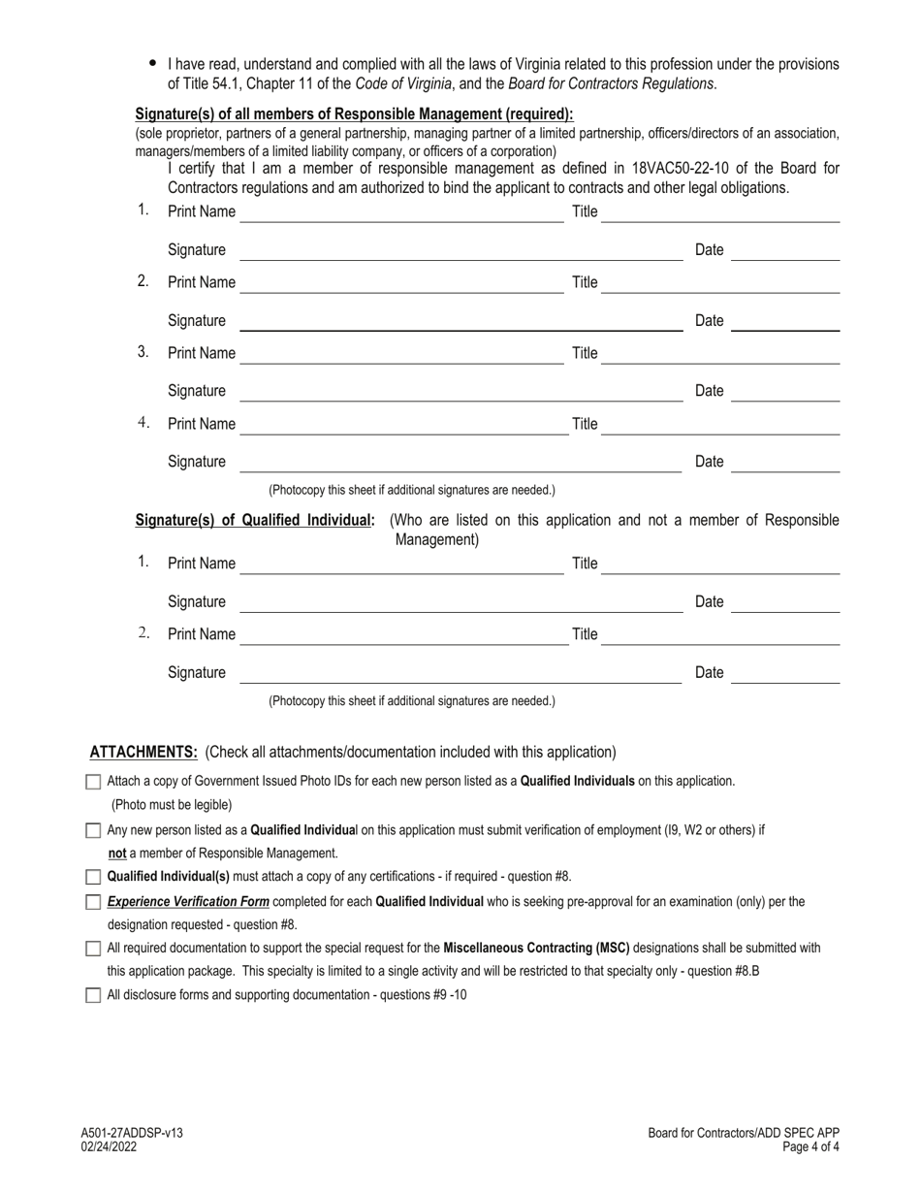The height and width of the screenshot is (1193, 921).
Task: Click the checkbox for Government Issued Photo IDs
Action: tap(93, 781)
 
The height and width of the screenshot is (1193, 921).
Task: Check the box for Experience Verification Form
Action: tap(93, 902)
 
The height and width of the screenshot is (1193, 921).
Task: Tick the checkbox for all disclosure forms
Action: tap(93, 994)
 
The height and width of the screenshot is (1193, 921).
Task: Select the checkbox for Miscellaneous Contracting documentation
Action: tap(93, 949)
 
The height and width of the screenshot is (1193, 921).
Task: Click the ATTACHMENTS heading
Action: tap(143, 752)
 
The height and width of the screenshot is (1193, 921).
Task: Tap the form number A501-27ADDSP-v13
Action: tap(132, 1133)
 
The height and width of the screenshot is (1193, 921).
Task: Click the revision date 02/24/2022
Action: tap(110, 1146)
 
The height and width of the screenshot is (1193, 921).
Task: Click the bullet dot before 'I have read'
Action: tap(152, 63)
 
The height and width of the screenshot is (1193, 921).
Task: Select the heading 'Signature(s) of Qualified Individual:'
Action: tap(255, 521)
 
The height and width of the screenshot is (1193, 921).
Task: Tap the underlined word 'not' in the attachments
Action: tap(117, 854)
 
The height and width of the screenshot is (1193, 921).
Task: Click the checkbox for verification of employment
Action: tap(93, 830)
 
